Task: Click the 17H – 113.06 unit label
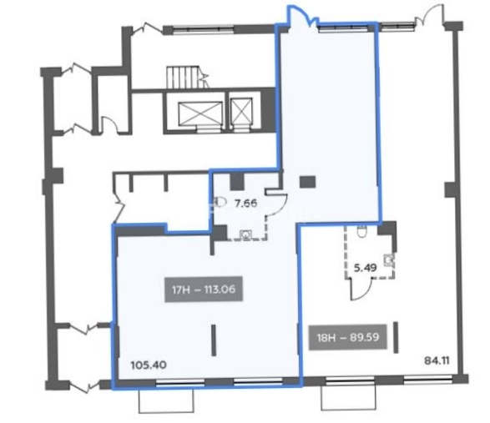[204, 290]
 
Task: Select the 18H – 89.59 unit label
[348, 337]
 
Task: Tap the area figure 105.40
[149, 365]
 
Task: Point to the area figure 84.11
[437, 360]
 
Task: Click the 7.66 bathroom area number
[246, 204]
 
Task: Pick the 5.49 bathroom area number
[366, 268]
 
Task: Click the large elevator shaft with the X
[200, 113]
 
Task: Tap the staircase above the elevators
[185, 78]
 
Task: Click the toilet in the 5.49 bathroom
[362, 231]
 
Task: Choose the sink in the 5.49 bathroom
[389, 259]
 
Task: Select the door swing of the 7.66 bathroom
[279, 204]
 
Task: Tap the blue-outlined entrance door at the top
[299, 16]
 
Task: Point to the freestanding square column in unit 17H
[307, 182]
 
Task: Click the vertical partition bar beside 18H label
[396, 337]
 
